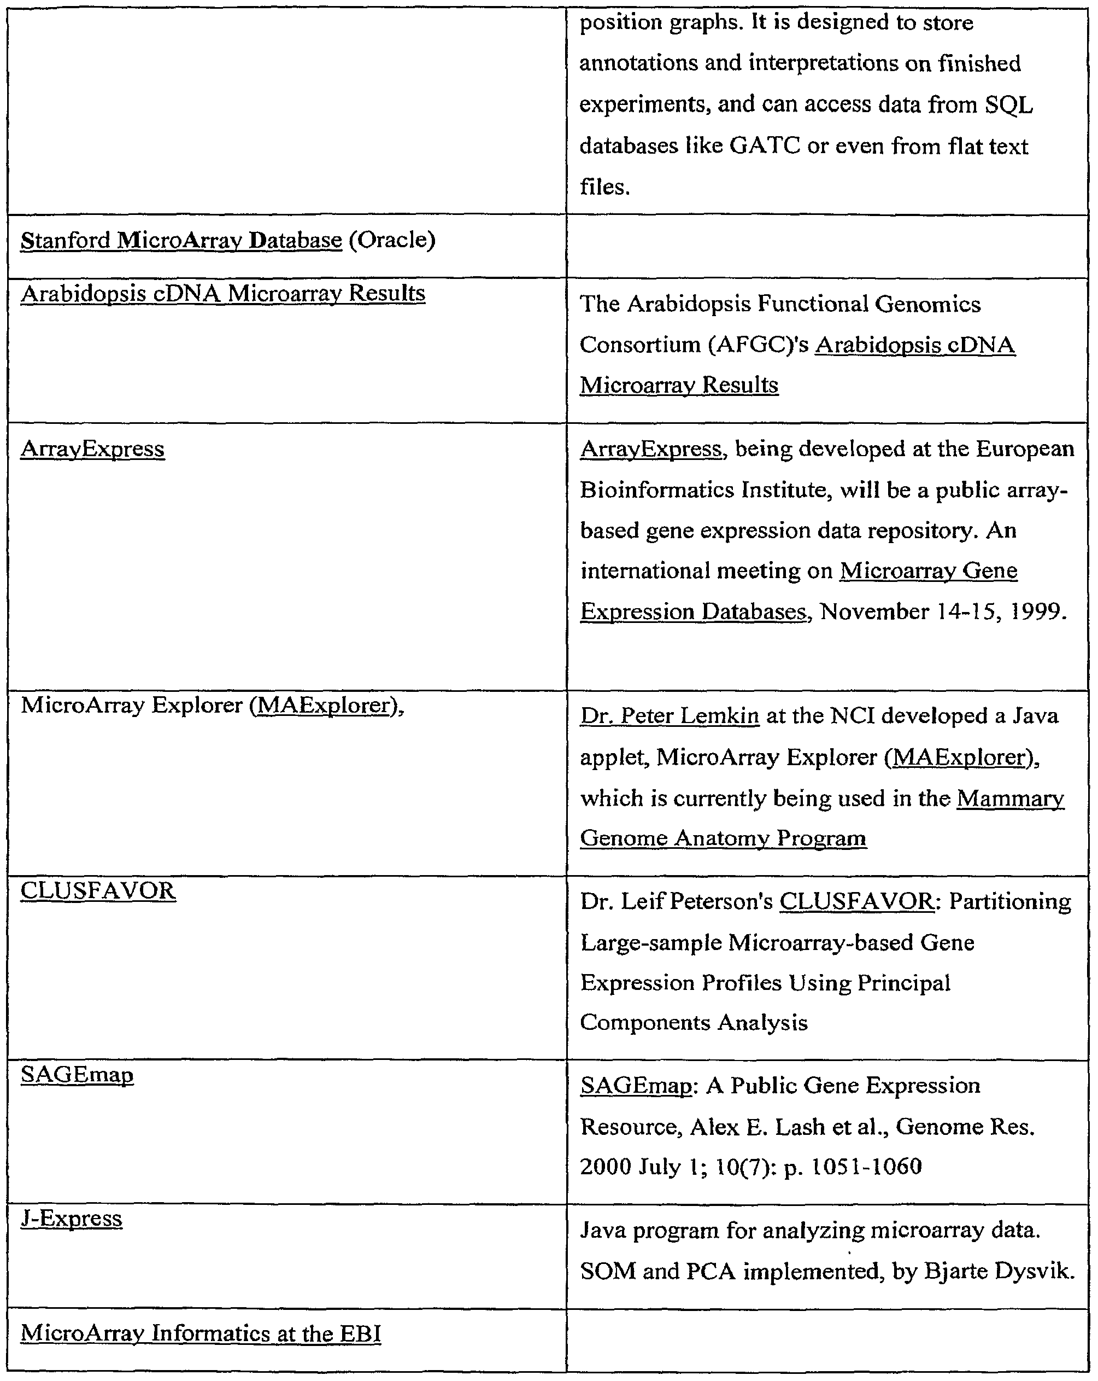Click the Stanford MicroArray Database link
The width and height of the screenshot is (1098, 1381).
[181, 240]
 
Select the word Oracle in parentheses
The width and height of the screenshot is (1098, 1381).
[392, 240]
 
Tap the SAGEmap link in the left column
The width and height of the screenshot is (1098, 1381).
[77, 1074]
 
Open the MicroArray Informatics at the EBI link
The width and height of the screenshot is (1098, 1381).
[201, 1333]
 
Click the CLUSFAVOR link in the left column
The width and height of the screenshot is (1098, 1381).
[98, 890]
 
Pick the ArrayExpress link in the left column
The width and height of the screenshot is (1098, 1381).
[92, 449]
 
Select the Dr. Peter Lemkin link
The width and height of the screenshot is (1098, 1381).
[669, 715]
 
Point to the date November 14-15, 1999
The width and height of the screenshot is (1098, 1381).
[943, 611]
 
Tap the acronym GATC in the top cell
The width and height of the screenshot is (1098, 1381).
[765, 146]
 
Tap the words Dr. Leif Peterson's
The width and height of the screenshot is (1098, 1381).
[677, 901]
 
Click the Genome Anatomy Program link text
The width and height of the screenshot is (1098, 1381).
[723, 838]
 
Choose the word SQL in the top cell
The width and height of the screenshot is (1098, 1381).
[1008, 104]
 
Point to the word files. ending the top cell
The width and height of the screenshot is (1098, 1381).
[604, 187]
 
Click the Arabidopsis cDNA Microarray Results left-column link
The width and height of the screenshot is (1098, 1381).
[223, 293]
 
